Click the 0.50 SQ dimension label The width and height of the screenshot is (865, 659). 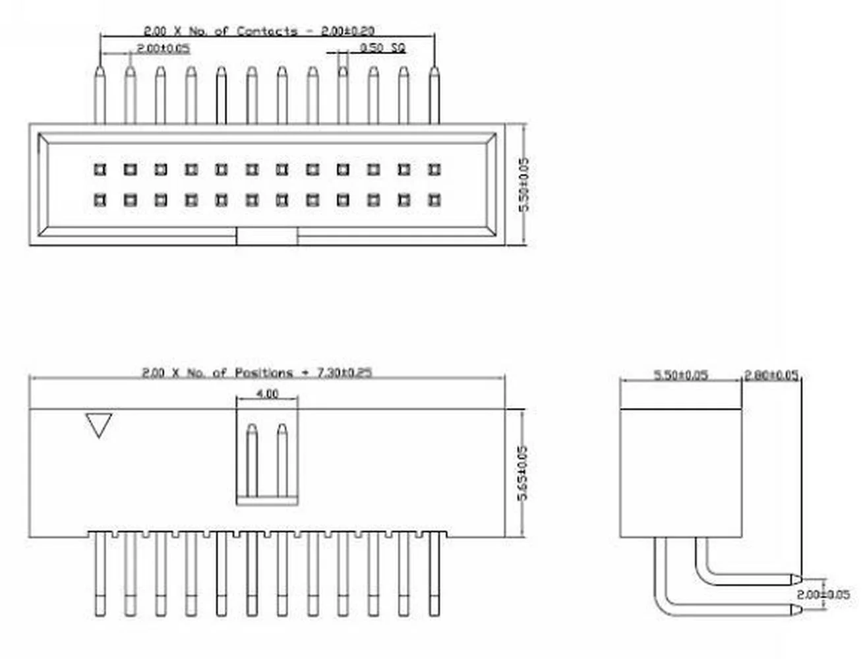382,48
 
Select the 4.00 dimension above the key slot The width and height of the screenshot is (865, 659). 267,394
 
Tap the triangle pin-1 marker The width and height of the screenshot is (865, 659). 99,425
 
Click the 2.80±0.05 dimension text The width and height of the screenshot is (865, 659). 771,376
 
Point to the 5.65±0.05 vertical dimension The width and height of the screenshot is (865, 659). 523,473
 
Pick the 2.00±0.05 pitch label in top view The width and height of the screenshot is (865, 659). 163,49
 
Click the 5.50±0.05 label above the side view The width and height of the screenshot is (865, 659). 680,376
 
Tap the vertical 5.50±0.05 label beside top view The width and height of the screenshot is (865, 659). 524,184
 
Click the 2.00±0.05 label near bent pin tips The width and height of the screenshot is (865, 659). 823,594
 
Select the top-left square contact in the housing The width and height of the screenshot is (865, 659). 100,170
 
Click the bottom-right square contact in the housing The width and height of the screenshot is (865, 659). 434,199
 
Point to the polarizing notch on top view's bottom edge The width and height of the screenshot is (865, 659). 267,237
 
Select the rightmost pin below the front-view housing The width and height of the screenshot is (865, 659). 434,573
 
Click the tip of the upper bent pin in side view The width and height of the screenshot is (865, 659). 796,579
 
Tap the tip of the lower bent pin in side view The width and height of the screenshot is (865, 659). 796,610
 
